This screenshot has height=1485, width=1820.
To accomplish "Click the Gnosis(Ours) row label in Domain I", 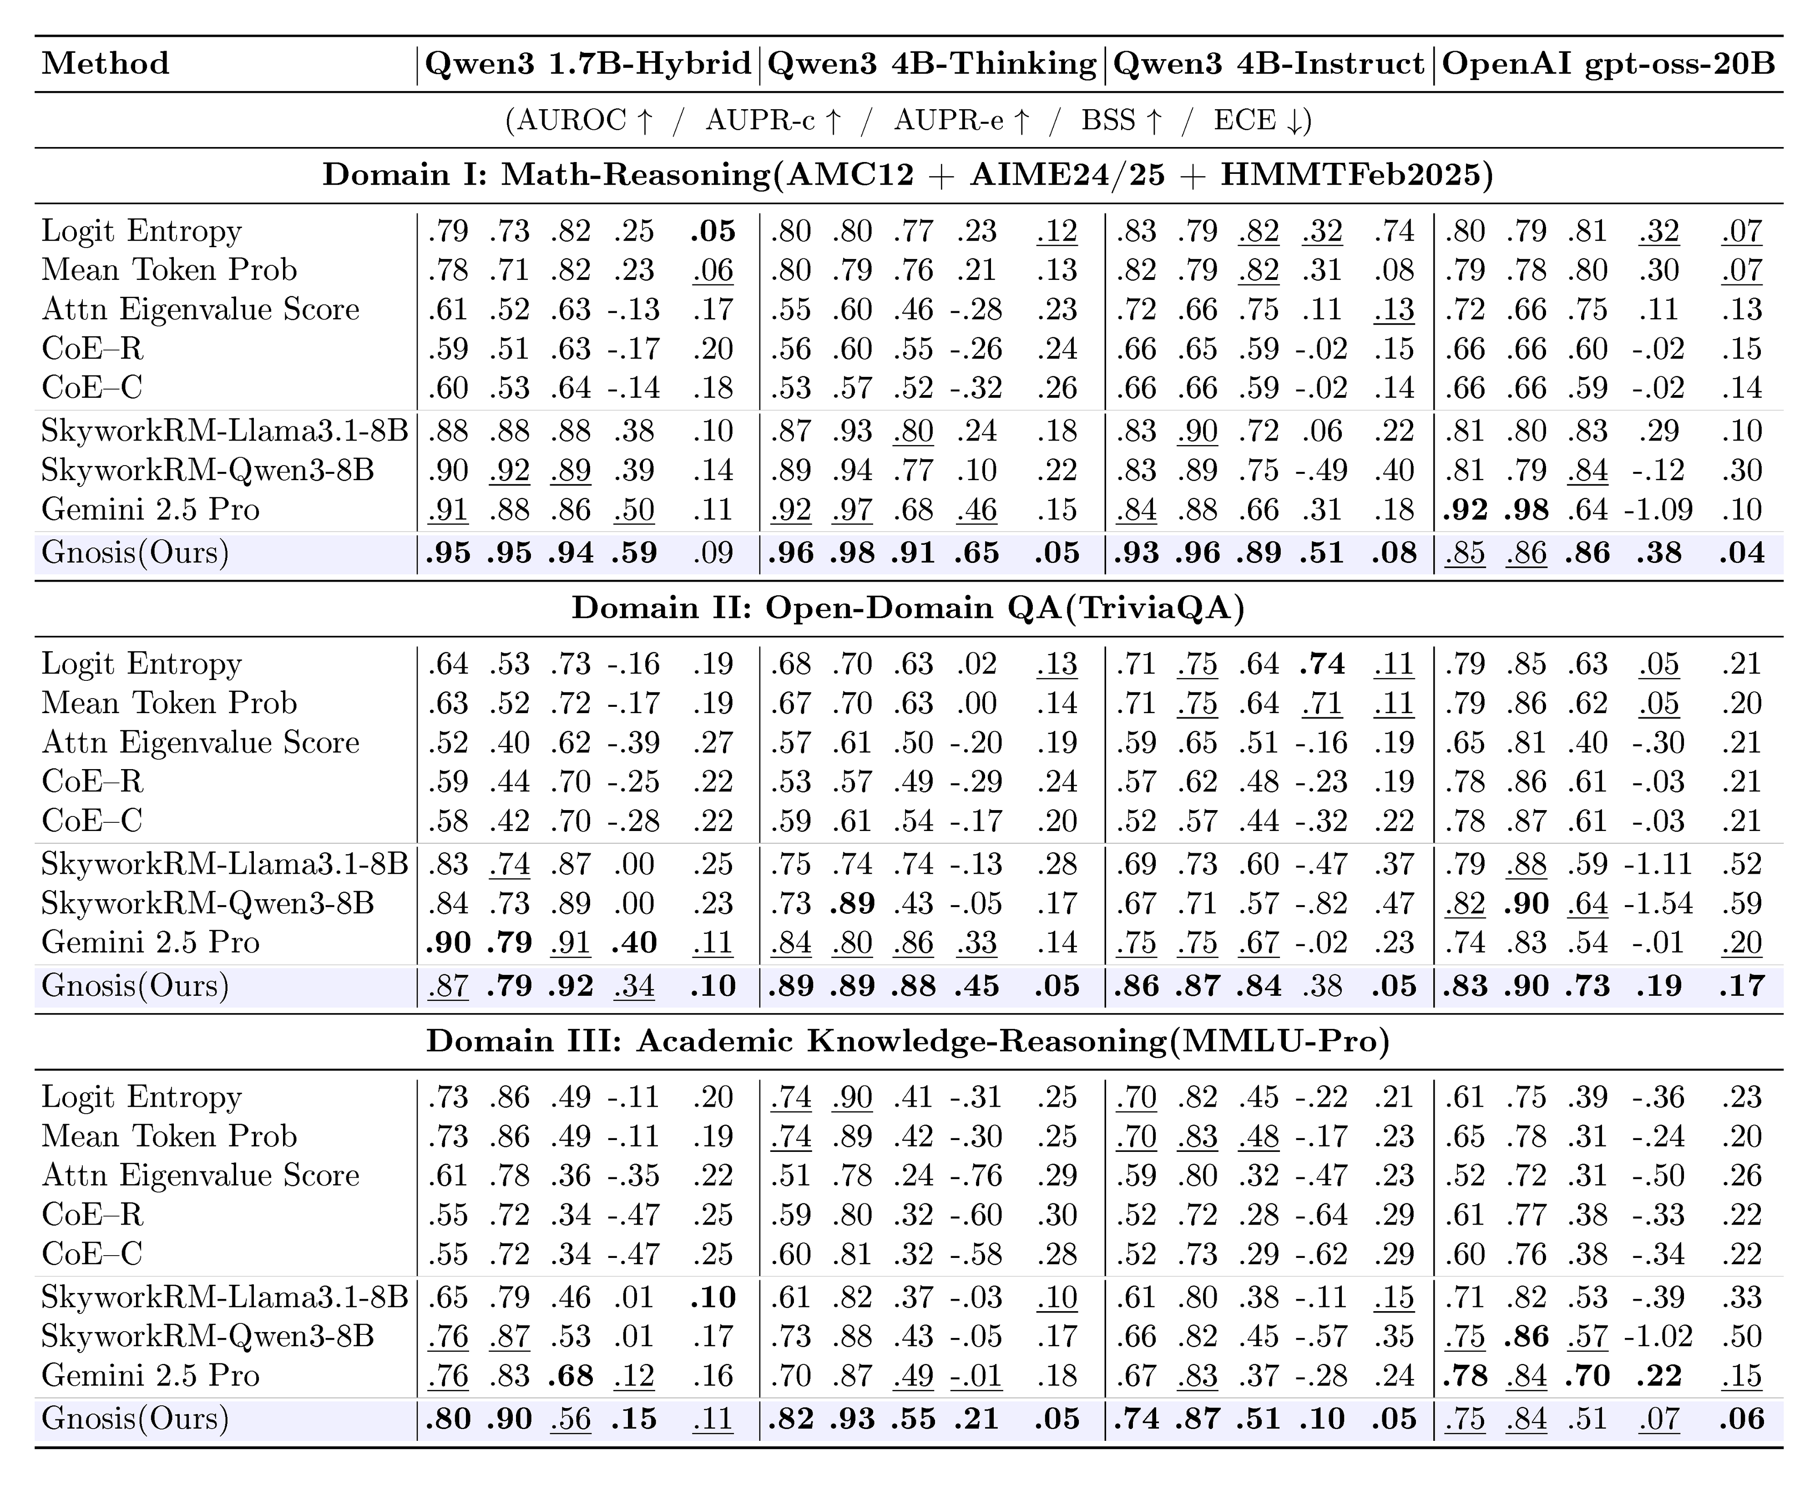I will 135,552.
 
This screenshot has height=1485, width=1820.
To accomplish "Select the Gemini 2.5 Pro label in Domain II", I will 151,943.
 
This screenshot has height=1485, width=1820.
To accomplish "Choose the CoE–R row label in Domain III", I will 92,1215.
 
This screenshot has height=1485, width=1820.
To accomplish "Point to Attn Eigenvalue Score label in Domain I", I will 200,309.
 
